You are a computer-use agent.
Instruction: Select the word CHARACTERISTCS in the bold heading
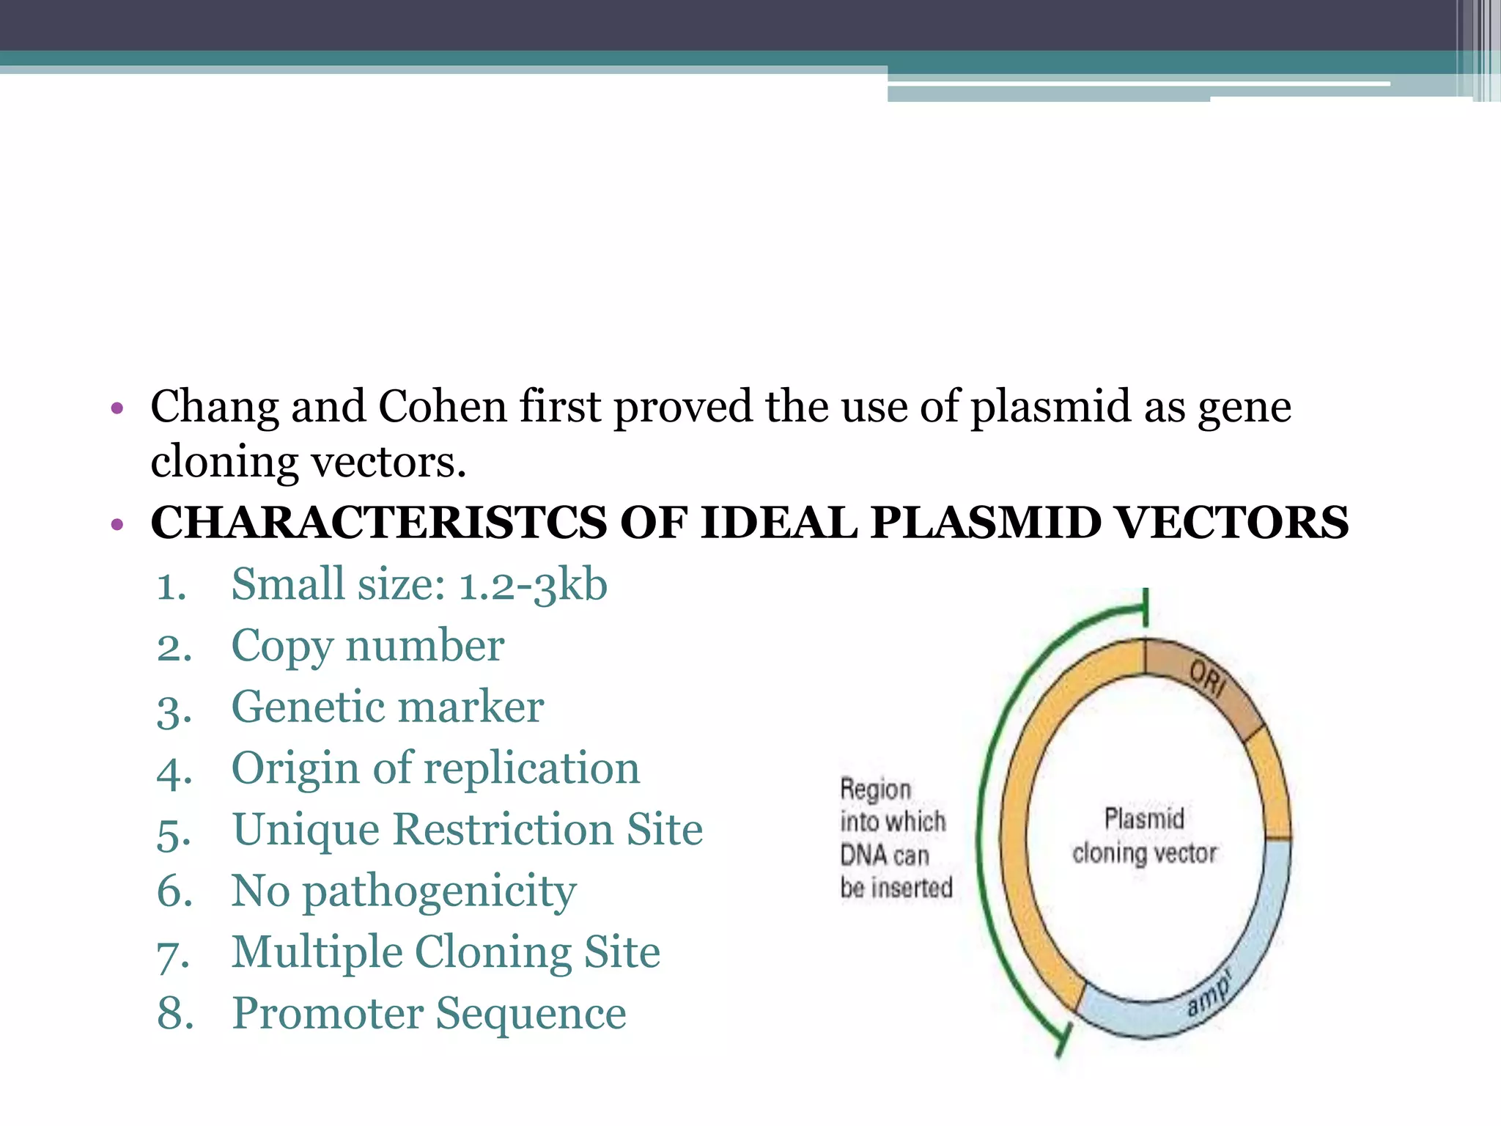(x=378, y=523)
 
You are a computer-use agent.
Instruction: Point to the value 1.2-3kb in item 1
(x=533, y=586)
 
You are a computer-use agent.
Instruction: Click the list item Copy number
(x=367, y=647)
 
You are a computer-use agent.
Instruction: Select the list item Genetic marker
(x=387, y=708)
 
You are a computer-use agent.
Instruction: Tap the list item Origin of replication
(x=435, y=769)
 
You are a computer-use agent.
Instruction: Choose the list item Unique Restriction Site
(x=467, y=831)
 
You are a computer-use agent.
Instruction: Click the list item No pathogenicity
(x=404, y=892)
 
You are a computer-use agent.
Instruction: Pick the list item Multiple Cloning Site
(x=446, y=953)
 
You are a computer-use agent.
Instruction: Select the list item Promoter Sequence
(x=429, y=1015)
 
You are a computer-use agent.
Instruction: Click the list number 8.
(x=174, y=1015)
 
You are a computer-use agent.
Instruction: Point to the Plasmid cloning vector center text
(x=1144, y=836)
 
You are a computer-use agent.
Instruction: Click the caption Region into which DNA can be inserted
(x=895, y=838)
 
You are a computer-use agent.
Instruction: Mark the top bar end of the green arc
(x=1145, y=608)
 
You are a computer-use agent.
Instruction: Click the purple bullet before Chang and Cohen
(x=116, y=408)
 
